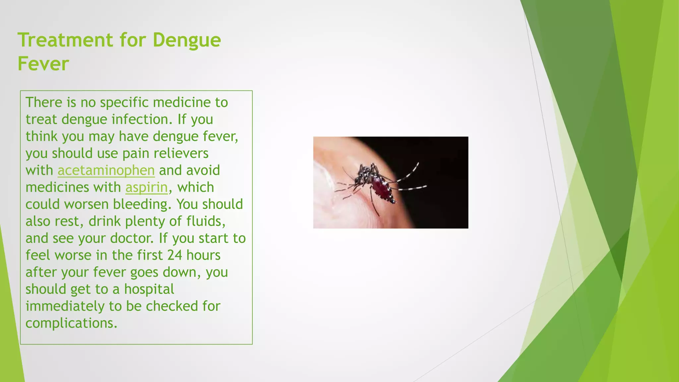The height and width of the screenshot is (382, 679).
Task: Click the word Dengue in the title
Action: [x=187, y=40]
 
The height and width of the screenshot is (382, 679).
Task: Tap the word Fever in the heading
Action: [x=43, y=64]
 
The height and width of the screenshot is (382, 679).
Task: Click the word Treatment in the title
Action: [x=65, y=40]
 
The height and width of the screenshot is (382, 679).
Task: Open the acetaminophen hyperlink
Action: [x=106, y=170]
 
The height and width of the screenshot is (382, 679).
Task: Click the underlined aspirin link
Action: [x=147, y=187]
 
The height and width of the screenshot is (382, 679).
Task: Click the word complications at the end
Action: [x=71, y=323]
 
